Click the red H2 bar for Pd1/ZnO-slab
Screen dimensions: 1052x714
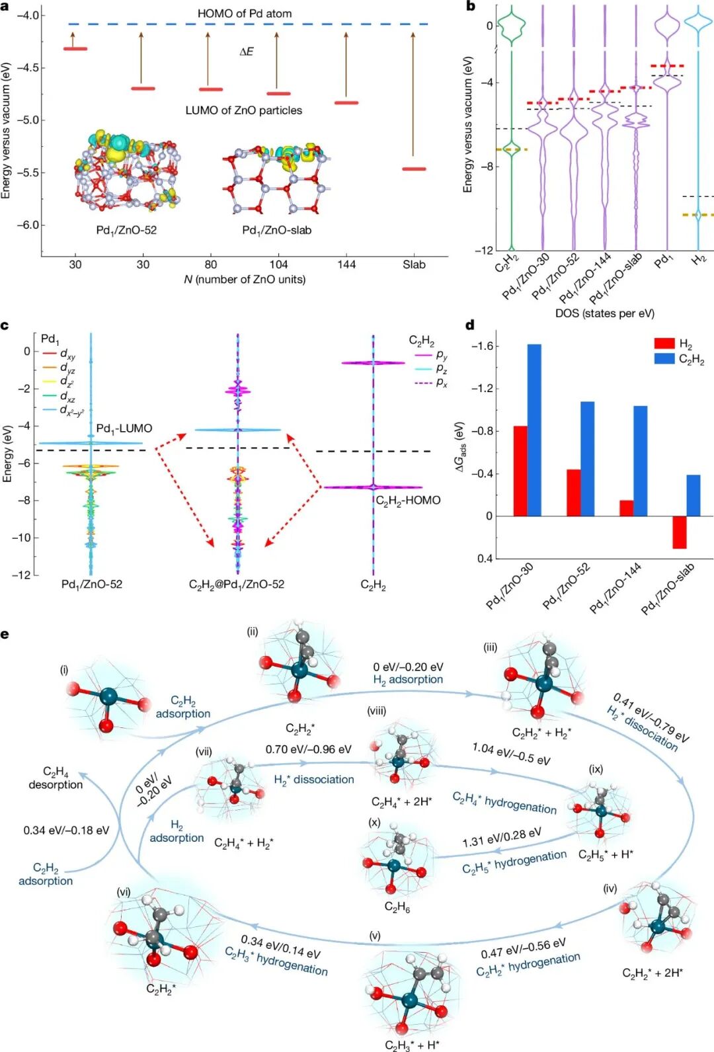(x=679, y=532)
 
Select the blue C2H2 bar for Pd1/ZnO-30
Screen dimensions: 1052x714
(x=534, y=430)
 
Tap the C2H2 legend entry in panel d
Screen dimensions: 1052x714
(x=691, y=360)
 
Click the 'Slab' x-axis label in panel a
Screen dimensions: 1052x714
(x=414, y=264)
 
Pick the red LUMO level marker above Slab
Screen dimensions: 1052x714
(x=415, y=169)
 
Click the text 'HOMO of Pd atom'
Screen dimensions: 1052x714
(x=244, y=13)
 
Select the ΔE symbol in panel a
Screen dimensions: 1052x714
(x=246, y=52)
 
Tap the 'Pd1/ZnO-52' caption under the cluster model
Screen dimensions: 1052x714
(x=126, y=230)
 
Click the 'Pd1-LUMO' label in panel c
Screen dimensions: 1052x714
(x=124, y=428)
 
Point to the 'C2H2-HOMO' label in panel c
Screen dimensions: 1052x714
(x=408, y=501)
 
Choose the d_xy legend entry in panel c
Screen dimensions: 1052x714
(x=67, y=356)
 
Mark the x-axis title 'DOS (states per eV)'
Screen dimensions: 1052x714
(x=604, y=313)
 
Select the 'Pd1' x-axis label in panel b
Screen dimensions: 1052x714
(x=662, y=262)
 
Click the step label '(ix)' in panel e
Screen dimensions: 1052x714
(x=596, y=769)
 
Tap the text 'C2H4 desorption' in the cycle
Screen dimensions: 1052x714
(x=56, y=778)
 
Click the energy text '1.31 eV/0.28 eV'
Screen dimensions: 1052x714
(x=502, y=837)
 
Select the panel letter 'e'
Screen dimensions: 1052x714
(x=5, y=635)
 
